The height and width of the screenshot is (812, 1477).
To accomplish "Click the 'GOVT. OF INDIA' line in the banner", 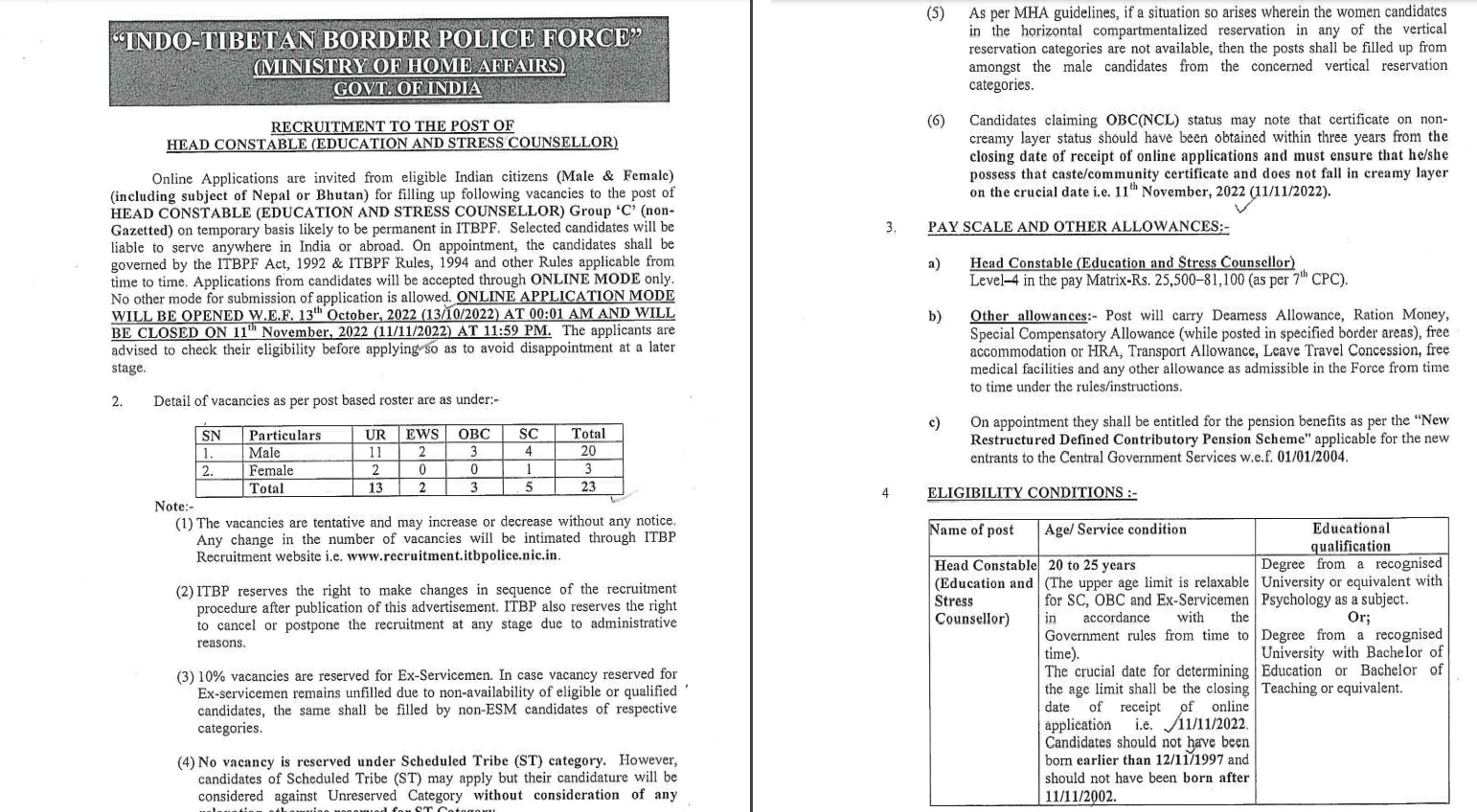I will click(407, 88).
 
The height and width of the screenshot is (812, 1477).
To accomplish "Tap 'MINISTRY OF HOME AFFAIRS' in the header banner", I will click(409, 66).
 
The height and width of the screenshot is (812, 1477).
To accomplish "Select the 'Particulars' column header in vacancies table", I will click(284, 435).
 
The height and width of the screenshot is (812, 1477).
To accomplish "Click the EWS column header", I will click(422, 434).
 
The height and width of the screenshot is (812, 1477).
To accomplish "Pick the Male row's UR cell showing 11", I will click(375, 452).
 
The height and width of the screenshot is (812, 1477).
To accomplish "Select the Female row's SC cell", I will click(529, 469).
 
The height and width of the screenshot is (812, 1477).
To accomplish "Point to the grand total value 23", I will click(588, 486).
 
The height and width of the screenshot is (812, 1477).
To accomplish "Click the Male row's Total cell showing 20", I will click(588, 451).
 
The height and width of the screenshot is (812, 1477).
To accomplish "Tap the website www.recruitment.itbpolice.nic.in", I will click(453, 555).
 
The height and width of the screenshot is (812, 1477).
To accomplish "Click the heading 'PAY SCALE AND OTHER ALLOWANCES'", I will click(1078, 227).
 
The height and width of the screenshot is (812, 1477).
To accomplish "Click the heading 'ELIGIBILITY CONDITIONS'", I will click(1032, 492).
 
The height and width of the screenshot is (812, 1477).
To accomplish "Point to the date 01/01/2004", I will click(1312, 457).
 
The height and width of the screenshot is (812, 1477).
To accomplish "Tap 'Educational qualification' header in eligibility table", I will click(1351, 536).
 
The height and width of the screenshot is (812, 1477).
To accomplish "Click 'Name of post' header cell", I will click(971, 530).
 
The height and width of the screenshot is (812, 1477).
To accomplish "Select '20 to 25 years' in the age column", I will click(1091, 565).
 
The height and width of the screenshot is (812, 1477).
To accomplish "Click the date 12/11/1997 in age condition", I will click(1180, 760).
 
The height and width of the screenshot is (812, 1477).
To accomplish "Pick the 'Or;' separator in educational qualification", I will click(1358, 617).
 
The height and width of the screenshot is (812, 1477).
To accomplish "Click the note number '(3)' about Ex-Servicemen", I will click(186, 675).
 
